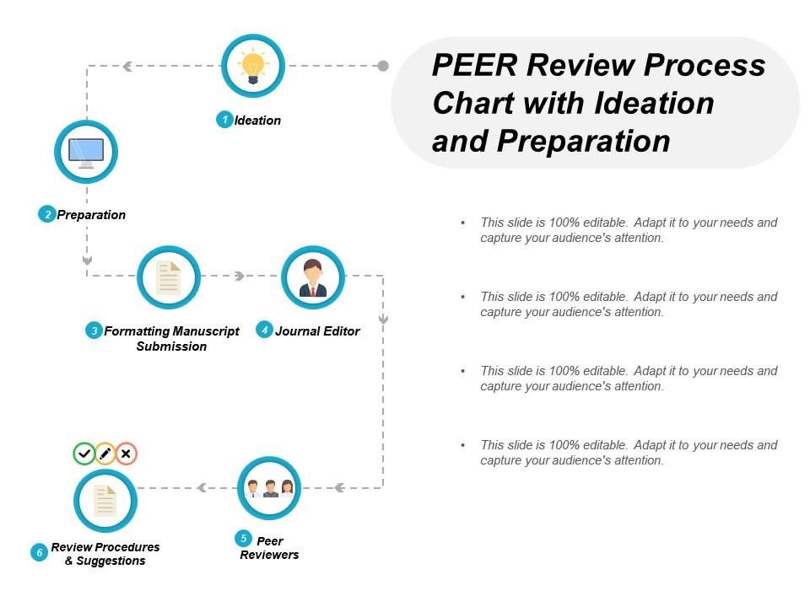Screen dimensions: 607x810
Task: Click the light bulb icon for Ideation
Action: pos(252,66)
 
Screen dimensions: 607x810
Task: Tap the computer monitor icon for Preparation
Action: pos(86,153)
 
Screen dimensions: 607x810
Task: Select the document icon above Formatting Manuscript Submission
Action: pos(169,277)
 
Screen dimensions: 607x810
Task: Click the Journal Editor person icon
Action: pos(312,277)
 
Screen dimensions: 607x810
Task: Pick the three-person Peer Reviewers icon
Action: pos(269,488)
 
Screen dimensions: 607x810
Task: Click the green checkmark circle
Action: pos(84,454)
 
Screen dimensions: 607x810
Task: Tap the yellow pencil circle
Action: pos(105,454)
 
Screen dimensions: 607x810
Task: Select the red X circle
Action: pos(126,454)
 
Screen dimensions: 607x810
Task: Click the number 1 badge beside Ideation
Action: pos(225,120)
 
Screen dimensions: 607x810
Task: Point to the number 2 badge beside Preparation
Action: pos(47,214)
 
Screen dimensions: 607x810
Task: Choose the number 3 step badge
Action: pos(94,330)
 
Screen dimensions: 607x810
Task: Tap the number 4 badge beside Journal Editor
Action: pos(265,330)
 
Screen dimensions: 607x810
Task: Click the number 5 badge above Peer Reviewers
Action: pos(244,538)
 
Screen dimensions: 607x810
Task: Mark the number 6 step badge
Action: pos(39,553)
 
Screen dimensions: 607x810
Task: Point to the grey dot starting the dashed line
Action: pos(383,66)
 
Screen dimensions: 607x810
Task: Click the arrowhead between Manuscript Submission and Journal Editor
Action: pos(240,276)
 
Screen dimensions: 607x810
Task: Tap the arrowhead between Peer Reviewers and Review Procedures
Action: pos(202,487)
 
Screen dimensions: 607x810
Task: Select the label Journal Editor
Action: pos(317,331)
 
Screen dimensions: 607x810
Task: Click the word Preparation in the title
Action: pos(583,140)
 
